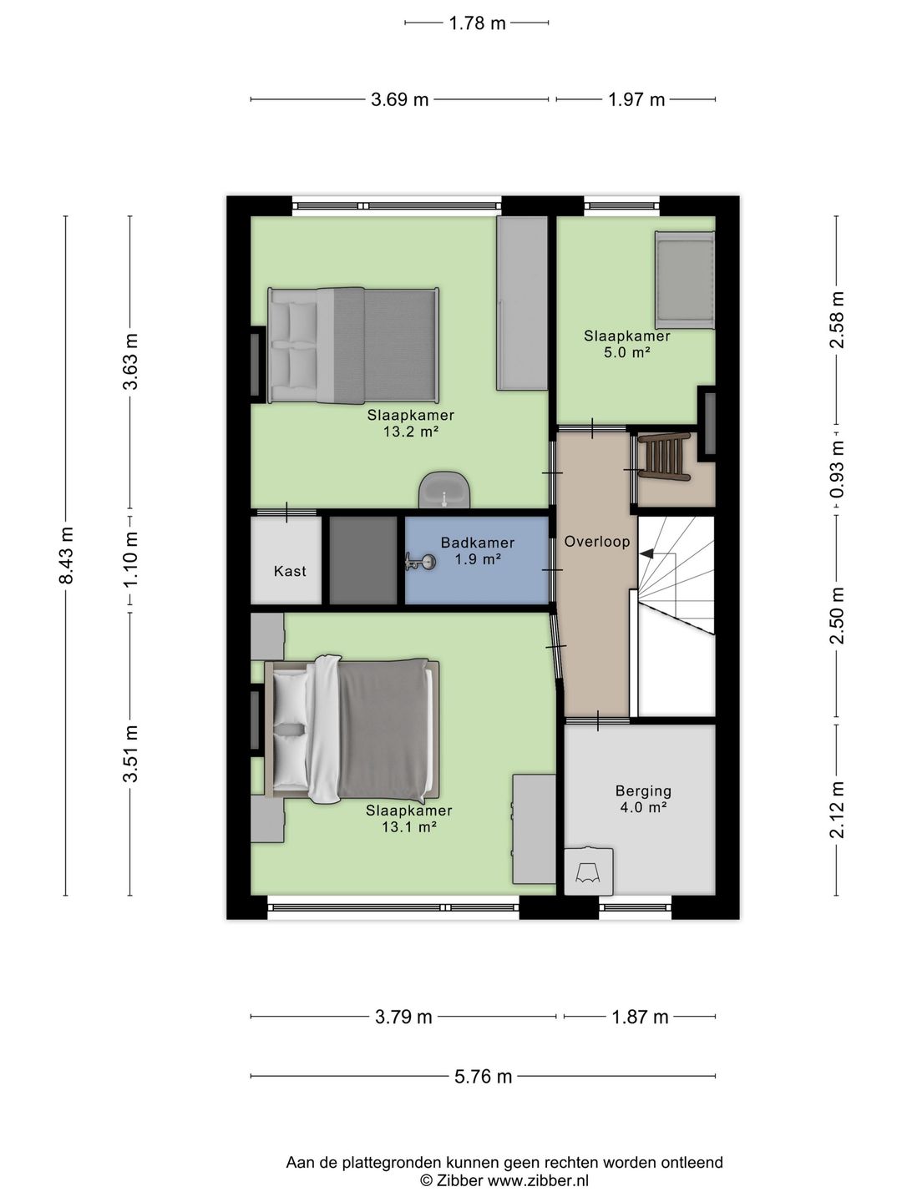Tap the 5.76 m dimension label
(x=483, y=1076)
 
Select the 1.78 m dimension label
(x=477, y=23)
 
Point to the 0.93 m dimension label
(x=837, y=470)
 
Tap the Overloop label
(x=596, y=542)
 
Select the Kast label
(x=290, y=571)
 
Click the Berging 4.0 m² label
(x=643, y=799)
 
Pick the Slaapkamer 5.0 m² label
(x=626, y=344)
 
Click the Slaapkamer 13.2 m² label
(x=411, y=423)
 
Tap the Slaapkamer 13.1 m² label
(x=409, y=819)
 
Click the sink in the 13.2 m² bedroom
(x=444, y=490)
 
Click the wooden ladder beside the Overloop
(x=663, y=457)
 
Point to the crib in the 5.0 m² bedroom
(x=685, y=280)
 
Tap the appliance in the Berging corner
(x=589, y=871)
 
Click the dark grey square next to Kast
(x=363, y=560)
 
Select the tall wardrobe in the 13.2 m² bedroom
(x=522, y=303)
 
